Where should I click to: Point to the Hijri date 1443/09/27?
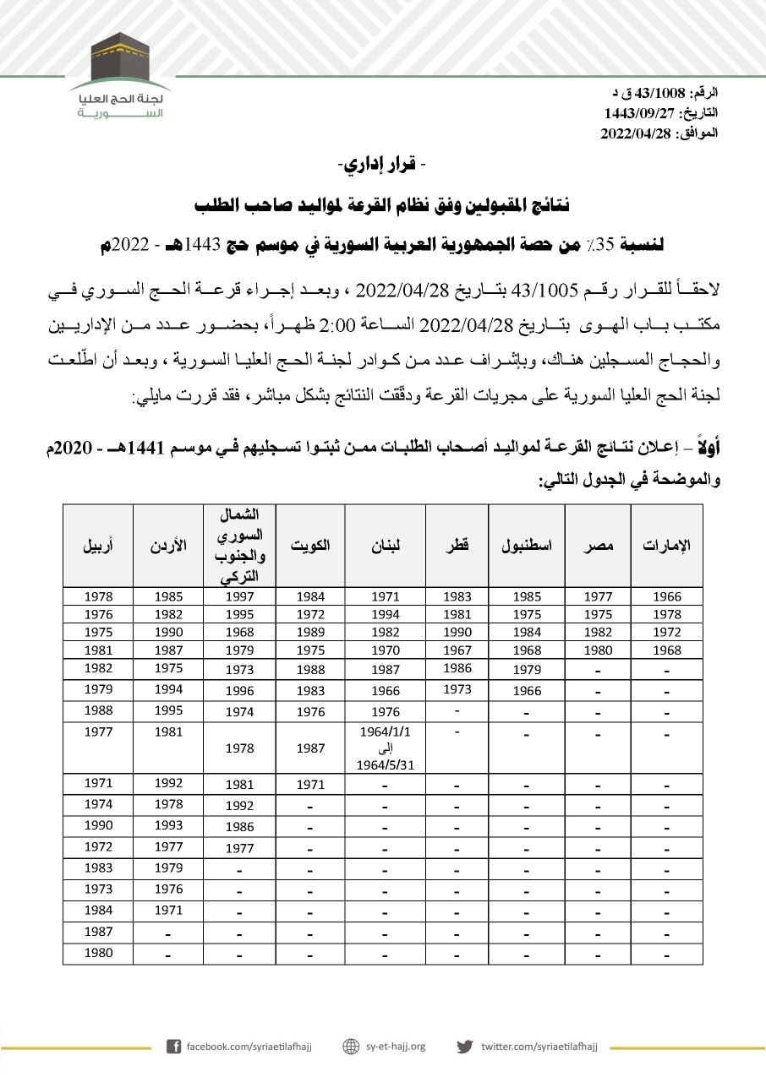point(635,112)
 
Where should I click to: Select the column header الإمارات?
point(666,546)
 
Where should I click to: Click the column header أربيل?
point(98,546)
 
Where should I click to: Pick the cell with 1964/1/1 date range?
point(386,747)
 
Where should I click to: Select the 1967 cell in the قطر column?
point(457,650)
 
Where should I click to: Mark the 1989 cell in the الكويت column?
point(310,632)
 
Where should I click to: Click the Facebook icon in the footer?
point(173,1047)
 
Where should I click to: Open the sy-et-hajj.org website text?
point(396,1047)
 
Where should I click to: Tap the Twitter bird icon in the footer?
point(464,1047)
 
